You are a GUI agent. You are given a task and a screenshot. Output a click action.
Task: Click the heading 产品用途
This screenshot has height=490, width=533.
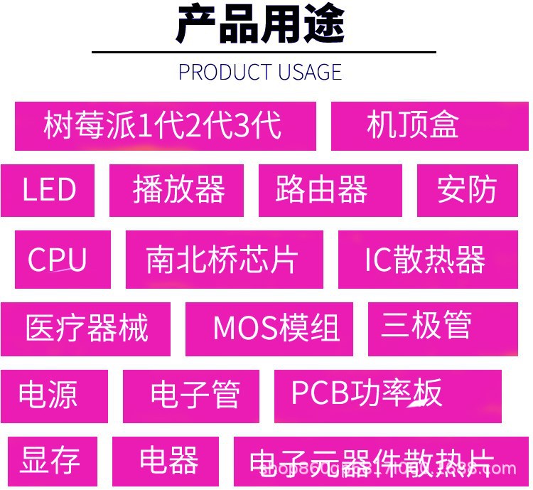pyautogui.click(x=260, y=25)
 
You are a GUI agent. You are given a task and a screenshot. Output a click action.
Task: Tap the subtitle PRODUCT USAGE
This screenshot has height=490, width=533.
pyautogui.click(x=260, y=72)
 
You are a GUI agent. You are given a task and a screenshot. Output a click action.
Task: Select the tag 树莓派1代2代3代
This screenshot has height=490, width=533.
pyautogui.click(x=165, y=126)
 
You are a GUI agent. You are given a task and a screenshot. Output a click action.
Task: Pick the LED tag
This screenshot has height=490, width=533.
pyautogui.click(x=48, y=190)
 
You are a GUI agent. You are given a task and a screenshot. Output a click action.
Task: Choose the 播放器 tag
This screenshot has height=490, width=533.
pyautogui.click(x=176, y=190)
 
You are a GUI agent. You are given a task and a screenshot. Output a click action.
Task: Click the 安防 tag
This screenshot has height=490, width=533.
pyautogui.click(x=467, y=190)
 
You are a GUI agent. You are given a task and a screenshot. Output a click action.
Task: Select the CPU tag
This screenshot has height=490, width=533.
pyautogui.click(x=63, y=260)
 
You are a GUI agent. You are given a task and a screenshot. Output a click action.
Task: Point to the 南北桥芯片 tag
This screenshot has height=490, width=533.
pyautogui.click(x=224, y=260)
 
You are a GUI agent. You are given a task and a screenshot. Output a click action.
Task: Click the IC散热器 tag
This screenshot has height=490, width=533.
pyautogui.click(x=427, y=260)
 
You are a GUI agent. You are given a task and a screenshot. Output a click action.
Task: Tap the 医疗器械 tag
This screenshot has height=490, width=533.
pyautogui.click(x=85, y=329)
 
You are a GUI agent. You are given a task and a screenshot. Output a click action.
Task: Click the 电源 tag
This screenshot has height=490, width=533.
pyautogui.click(x=53, y=395)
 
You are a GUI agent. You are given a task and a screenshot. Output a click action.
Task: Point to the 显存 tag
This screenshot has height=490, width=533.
pyautogui.click(x=52, y=461)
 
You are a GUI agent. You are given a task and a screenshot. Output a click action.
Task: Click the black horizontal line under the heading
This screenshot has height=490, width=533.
pyautogui.click(x=264, y=52)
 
